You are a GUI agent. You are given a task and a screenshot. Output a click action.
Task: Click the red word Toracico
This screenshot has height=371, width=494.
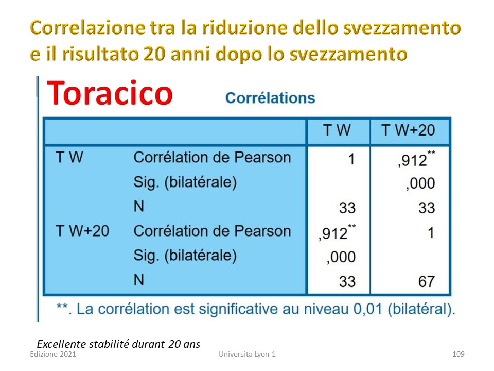[x=110, y=93]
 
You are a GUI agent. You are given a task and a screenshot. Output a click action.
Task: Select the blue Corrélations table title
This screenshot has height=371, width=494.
[x=270, y=98]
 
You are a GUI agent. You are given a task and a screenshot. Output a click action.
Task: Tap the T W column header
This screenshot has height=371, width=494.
[x=337, y=130]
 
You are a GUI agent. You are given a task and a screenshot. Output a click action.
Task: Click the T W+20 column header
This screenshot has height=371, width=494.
[x=408, y=130]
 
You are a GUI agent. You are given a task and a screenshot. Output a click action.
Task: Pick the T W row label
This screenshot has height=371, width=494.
[x=69, y=157]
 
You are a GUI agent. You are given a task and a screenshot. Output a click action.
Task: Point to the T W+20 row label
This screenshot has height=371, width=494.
[x=82, y=231]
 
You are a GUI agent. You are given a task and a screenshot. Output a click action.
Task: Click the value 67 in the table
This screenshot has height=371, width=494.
[x=427, y=281]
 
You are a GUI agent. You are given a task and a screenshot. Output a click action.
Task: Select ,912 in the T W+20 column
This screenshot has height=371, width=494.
[x=416, y=159]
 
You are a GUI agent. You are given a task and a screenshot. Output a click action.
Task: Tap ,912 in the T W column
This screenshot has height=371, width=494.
[x=337, y=233]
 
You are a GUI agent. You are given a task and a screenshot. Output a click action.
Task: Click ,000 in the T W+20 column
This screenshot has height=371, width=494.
[x=420, y=183]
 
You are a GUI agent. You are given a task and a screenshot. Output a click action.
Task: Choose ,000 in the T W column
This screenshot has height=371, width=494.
[x=341, y=257]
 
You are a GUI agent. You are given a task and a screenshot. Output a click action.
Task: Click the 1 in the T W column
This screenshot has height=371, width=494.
[x=351, y=159]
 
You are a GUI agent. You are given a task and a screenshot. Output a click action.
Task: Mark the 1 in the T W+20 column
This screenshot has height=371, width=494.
[x=431, y=233]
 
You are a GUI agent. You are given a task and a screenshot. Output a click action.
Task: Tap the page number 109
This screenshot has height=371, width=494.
[x=458, y=354]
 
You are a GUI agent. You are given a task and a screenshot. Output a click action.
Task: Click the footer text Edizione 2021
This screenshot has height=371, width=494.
[x=53, y=354]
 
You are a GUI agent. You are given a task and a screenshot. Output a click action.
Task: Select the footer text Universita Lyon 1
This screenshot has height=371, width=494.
[x=248, y=354]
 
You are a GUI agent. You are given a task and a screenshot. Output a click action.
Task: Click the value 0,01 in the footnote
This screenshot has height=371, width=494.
[x=367, y=309]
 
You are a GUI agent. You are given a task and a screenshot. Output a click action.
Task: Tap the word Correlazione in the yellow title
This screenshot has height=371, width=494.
[x=87, y=27]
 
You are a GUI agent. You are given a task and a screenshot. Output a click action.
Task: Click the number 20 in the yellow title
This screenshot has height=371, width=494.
[x=154, y=54]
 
